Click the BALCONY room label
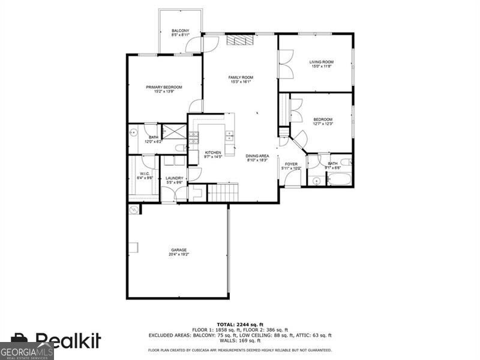pyautogui.click(x=181, y=31)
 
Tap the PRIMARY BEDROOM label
pyautogui.click(x=164, y=87)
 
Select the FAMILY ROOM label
pyautogui.click(x=241, y=77)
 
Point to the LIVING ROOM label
pyautogui.click(x=322, y=62)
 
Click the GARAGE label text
pyautogui.click(x=179, y=250)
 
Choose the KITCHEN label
pyautogui.click(x=214, y=152)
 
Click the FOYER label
pyautogui.click(x=292, y=164)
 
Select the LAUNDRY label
pyautogui.click(x=175, y=178)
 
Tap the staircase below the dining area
pyautogui.click(x=223, y=193)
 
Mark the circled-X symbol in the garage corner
pyautogui.click(x=134, y=209)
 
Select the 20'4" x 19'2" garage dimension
pyautogui.click(x=179, y=254)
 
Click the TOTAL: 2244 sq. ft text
pyautogui.click(x=239, y=325)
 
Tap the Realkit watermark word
pyautogui.click(x=68, y=341)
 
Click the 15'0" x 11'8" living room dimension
pyautogui.click(x=322, y=67)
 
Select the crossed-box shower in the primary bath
pyautogui.click(x=175, y=131)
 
